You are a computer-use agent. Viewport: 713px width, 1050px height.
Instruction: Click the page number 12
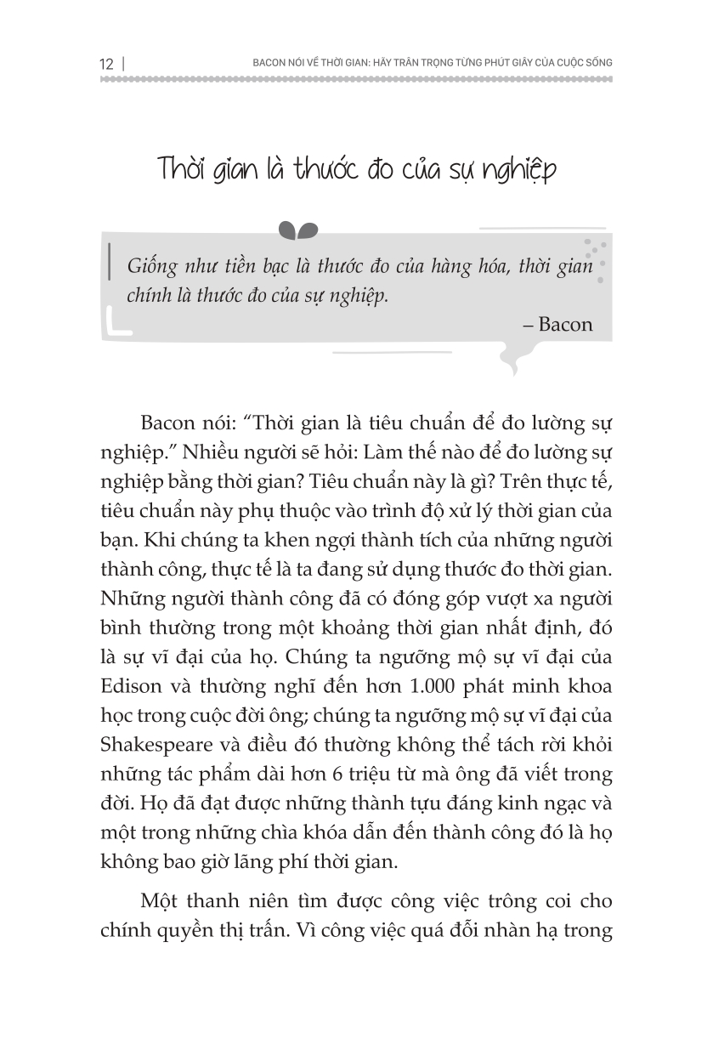106,64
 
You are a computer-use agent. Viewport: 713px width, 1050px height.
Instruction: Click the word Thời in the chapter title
184,169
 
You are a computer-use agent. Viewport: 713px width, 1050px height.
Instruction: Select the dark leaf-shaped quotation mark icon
298,230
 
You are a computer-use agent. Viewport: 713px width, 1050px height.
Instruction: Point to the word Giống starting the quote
152,266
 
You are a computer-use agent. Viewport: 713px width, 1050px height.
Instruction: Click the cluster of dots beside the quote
598,259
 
